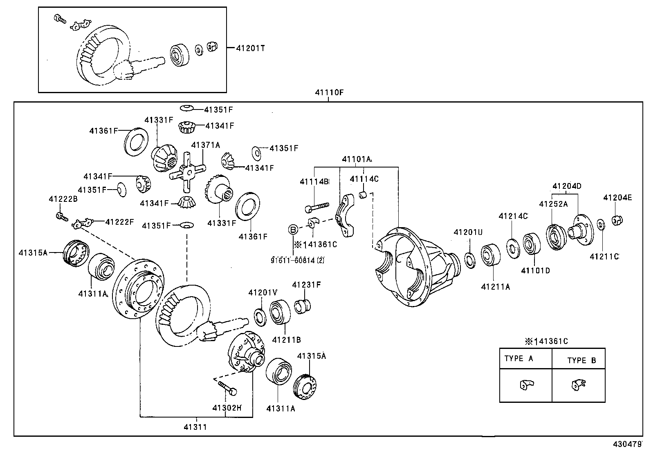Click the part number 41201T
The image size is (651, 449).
pyautogui.click(x=251, y=48)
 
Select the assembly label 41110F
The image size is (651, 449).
pyautogui.click(x=329, y=93)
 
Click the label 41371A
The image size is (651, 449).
pyautogui.click(x=205, y=145)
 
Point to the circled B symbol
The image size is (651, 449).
pyautogui.click(x=293, y=230)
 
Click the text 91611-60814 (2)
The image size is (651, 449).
pyautogui.click(x=297, y=259)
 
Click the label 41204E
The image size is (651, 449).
pyautogui.click(x=617, y=198)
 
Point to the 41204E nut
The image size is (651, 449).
pyautogui.click(x=617, y=220)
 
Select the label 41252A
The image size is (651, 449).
pyautogui.click(x=553, y=204)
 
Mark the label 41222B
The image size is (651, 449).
pyautogui.click(x=63, y=199)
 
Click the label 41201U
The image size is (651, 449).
pyautogui.click(x=468, y=232)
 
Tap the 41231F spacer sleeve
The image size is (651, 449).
pyautogui.click(x=303, y=306)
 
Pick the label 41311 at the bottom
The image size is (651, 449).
pyautogui.click(x=195, y=427)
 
